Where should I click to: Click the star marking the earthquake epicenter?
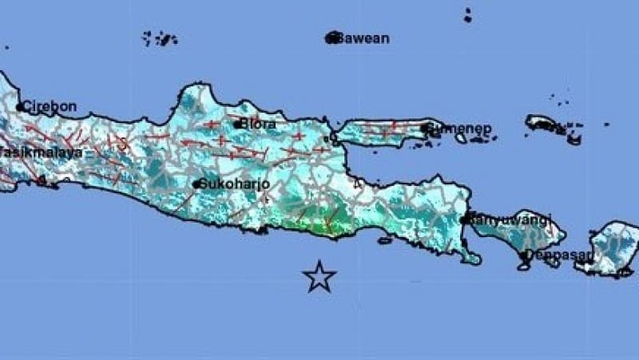[x=319, y=276]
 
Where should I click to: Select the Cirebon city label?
[x=51, y=106]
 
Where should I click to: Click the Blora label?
[x=259, y=124]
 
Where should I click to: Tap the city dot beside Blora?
[x=237, y=124]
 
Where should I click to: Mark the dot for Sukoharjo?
[x=196, y=184]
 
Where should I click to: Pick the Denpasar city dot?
[x=525, y=255]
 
